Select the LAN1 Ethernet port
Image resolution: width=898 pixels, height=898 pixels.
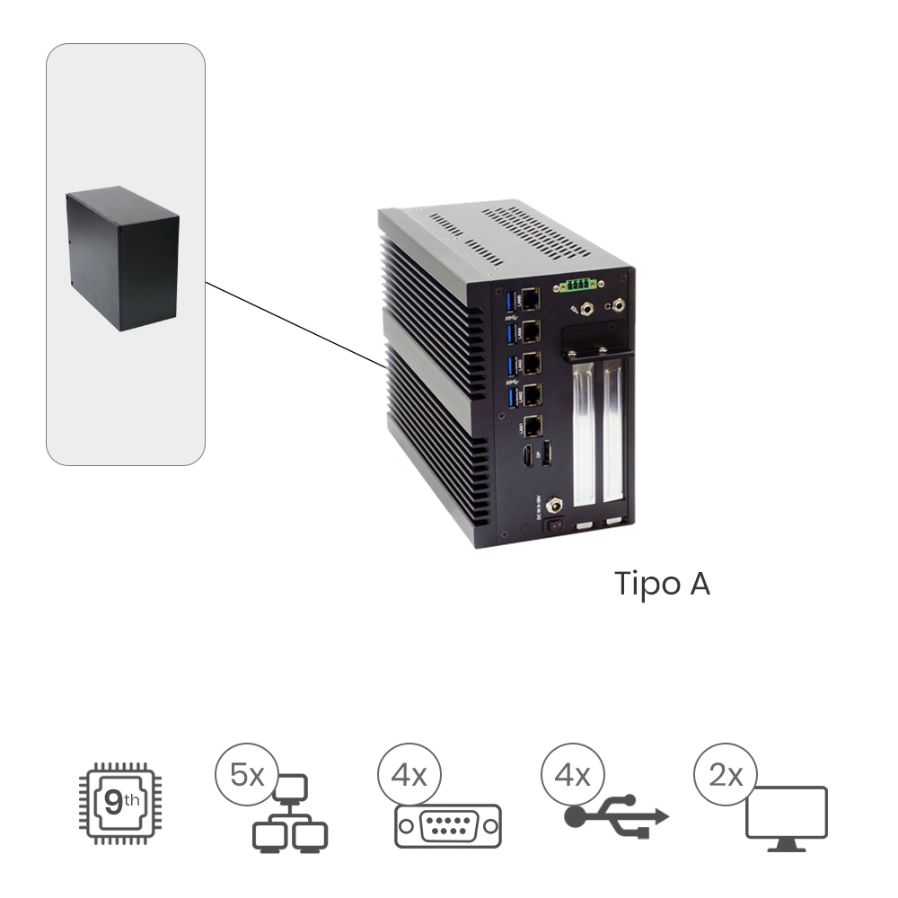tap(532, 427)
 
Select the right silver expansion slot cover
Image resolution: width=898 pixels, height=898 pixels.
tap(613, 436)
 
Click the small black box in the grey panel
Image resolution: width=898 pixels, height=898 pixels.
tap(123, 258)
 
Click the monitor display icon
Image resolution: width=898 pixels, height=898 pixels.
tap(786, 817)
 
